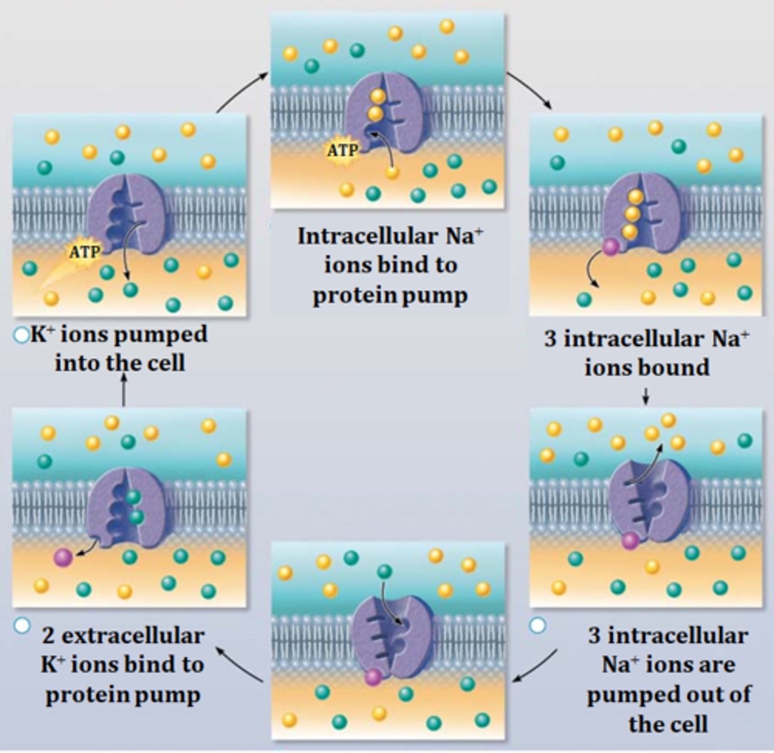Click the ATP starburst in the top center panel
click(x=342, y=151)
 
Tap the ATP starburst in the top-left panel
click(x=84, y=252)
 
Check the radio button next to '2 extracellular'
click(x=21, y=625)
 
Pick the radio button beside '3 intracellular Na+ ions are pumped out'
click(x=537, y=625)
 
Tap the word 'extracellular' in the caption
click(x=133, y=636)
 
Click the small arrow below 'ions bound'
click(x=646, y=396)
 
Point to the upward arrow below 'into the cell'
click(x=124, y=391)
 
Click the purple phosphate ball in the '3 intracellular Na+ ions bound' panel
click(x=611, y=247)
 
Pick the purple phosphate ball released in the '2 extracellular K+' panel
click(x=63, y=557)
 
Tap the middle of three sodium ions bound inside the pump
click(x=633, y=214)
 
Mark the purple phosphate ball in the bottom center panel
click(x=373, y=677)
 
